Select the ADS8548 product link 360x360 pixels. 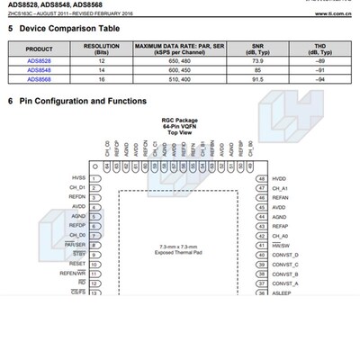point(40,70)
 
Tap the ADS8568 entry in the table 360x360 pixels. point(40,79)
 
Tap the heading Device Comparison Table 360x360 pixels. point(68,29)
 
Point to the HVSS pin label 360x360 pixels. point(78,178)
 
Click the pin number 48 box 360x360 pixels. point(261,178)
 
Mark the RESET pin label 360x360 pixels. point(77,265)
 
